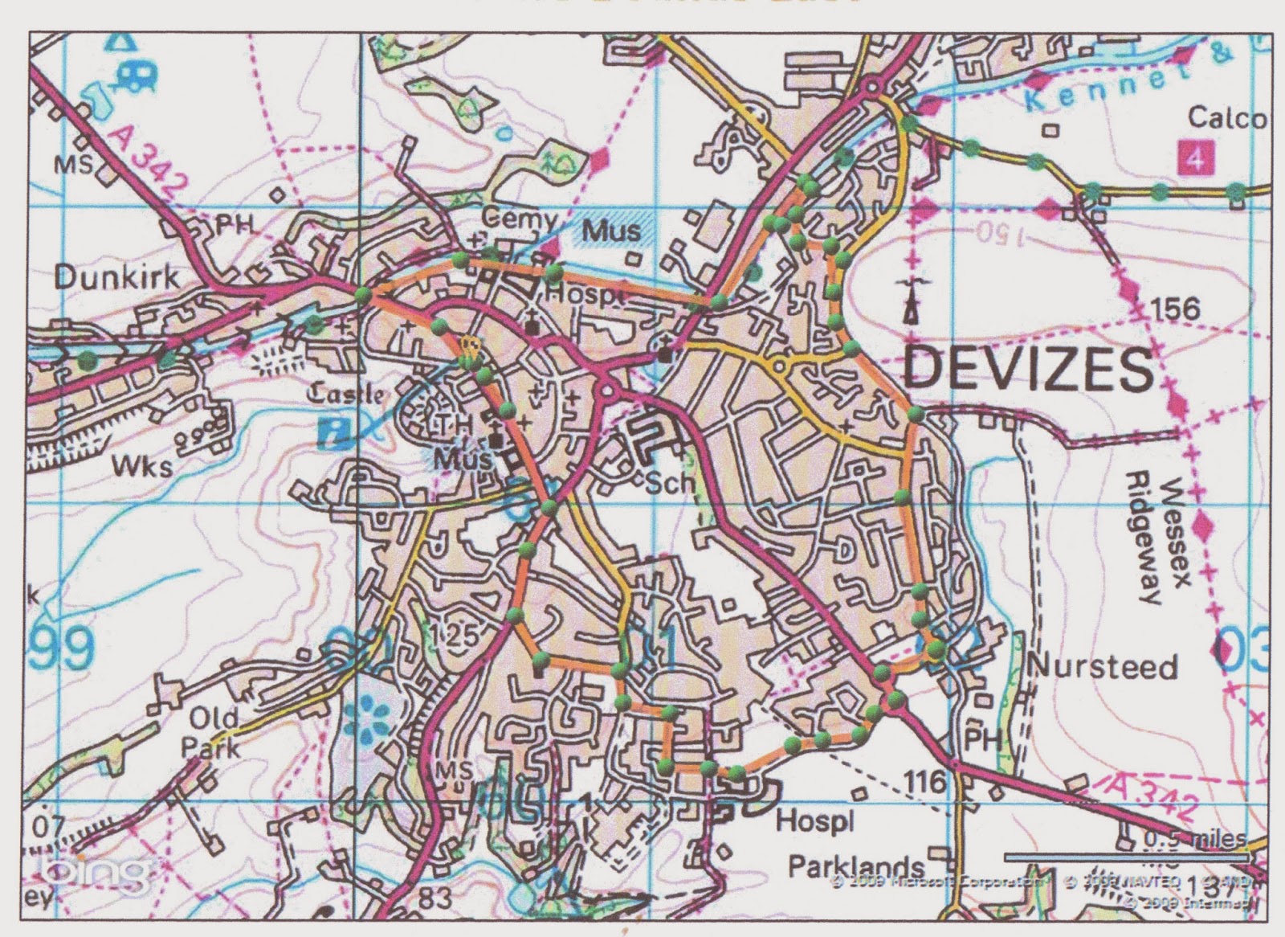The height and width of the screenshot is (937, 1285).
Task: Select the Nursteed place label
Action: point(1102,666)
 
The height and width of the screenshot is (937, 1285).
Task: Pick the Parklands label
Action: point(855,867)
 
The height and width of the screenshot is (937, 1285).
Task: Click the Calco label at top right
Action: point(1227,118)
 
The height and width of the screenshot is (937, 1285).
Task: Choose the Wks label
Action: point(142,464)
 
